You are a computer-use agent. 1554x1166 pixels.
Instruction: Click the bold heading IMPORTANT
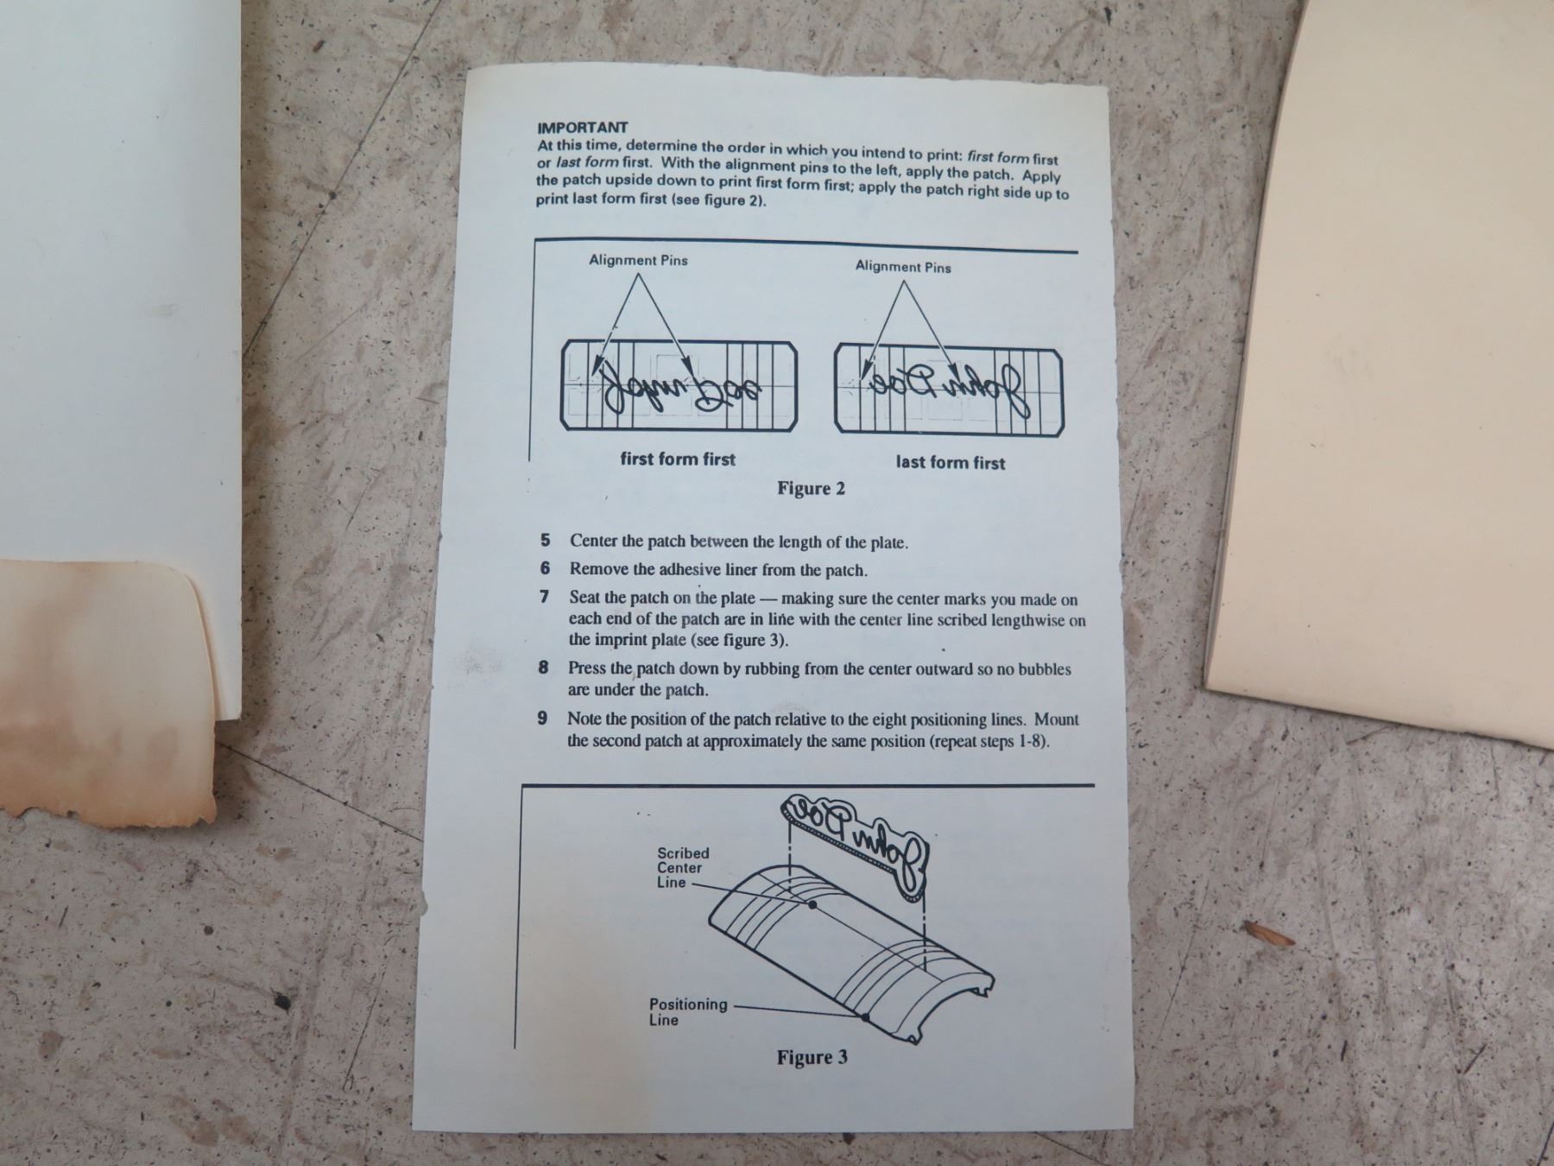[583, 128]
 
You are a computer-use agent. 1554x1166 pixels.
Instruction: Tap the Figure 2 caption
[811, 489]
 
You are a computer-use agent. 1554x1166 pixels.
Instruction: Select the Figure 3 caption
[812, 1057]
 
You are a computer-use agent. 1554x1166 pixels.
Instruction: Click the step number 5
[545, 541]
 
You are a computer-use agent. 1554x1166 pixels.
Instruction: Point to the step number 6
[545, 568]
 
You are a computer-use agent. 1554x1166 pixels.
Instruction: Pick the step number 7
[544, 597]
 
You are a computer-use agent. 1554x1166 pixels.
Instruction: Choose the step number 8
[543, 668]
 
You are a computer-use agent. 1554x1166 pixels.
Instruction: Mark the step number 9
[542, 718]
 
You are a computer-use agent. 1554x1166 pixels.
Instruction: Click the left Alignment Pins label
[638, 260]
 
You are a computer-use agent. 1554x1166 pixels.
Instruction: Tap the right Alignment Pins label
[903, 267]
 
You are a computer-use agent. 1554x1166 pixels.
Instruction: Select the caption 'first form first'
[678, 459]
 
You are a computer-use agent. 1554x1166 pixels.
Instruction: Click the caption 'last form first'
[951, 462]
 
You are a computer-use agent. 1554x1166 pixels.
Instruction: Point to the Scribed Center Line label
[682, 867]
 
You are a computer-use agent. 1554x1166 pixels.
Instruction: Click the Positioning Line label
[688, 1011]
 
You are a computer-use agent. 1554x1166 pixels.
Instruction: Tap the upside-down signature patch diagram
[679, 385]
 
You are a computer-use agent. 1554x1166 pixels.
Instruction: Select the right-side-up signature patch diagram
[949, 390]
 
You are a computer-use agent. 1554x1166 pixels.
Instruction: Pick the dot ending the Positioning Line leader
[865, 1017]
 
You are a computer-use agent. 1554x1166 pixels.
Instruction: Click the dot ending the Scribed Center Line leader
[812, 905]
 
